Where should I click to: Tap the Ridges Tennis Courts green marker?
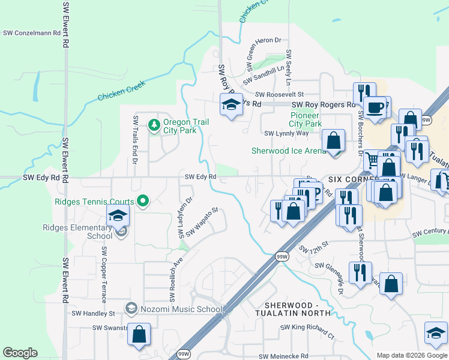(x=143, y=202)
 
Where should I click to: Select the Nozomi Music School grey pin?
(x=130, y=308)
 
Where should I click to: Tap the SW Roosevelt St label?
(x=280, y=94)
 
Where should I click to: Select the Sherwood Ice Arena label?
(x=289, y=151)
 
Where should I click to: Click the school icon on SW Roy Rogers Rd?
(x=231, y=105)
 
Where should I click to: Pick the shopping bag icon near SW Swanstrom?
(x=139, y=335)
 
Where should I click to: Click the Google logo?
(x=20, y=353)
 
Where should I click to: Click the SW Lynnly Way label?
(x=286, y=133)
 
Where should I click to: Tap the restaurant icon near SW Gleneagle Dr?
(x=360, y=274)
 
